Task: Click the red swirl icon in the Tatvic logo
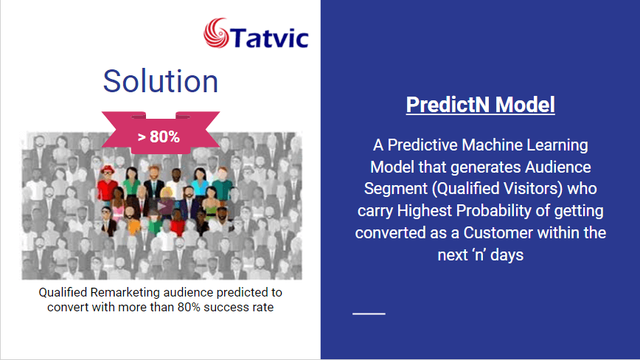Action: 216,32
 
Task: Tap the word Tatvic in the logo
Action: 270,38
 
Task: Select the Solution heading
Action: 161,81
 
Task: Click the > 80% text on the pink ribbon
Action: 159,136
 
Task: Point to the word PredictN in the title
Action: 448,105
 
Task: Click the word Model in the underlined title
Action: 525,105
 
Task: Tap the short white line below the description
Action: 369,314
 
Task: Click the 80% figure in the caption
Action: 189,307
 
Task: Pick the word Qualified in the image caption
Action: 63,293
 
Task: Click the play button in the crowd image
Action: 162,206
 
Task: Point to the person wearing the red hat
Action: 108,183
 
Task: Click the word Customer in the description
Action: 498,232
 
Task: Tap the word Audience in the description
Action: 558,167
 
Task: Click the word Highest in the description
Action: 425,211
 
